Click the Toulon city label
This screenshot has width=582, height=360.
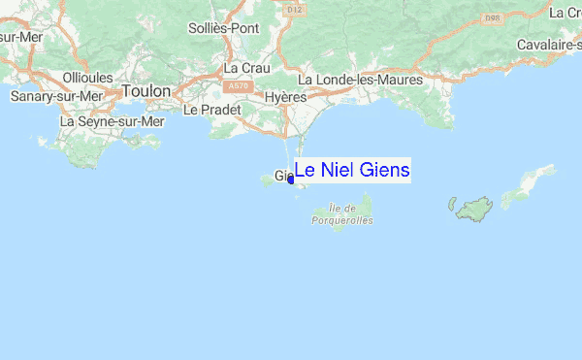coord(146,91)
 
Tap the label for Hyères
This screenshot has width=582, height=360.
coord(286,98)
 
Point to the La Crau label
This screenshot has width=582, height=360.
coord(244,69)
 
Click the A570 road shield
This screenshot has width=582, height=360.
coord(239,85)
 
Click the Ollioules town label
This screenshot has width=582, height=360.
coord(88,78)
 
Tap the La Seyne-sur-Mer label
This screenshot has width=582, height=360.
coord(113,122)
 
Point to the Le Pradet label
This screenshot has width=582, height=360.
coord(205,110)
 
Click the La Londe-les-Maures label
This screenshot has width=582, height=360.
coord(360,80)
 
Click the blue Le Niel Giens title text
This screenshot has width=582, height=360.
coord(352,171)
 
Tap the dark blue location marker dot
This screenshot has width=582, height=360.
coord(291,179)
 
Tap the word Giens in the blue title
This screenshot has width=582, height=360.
coord(385,171)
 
